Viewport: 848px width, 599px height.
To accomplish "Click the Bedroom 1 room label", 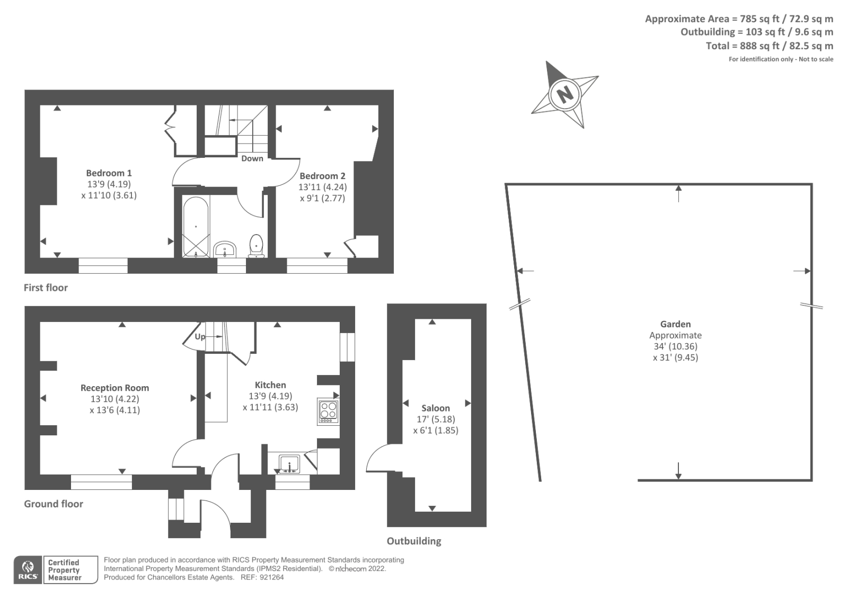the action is click(109, 173).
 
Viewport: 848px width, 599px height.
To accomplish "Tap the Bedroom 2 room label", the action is click(323, 176).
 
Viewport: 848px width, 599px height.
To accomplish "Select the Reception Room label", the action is click(114, 388).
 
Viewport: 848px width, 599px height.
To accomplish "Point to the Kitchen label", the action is click(270, 385).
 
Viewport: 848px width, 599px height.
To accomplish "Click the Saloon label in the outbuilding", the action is click(436, 408).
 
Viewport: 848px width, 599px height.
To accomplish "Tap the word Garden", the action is click(675, 324).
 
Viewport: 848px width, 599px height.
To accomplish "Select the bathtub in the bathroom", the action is click(196, 227).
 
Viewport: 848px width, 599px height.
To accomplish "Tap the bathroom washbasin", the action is click(225, 249).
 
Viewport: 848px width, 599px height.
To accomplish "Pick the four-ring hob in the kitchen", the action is click(328, 412).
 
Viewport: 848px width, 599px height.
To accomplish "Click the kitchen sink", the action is click(289, 463).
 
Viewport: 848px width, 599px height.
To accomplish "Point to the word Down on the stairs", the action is click(252, 158).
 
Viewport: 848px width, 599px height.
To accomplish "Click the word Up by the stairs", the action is click(200, 336).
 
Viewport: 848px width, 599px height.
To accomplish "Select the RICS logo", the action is click(28, 569).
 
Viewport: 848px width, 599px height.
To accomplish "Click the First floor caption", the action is click(46, 288).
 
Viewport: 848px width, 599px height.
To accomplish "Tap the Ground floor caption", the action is click(54, 504).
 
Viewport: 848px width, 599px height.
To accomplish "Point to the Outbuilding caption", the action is click(414, 541).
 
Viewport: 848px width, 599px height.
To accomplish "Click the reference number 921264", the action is click(272, 577).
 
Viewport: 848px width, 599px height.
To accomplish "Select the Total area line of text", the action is click(769, 46).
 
